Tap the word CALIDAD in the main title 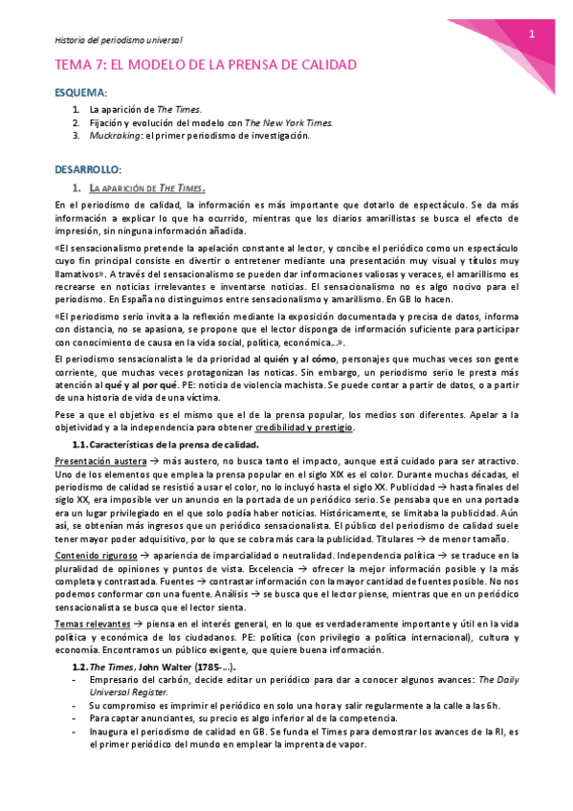coord(322,65)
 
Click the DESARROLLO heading coord(87,168)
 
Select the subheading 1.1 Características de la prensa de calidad coord(165,446)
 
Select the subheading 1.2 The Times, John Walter coord(155,666)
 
